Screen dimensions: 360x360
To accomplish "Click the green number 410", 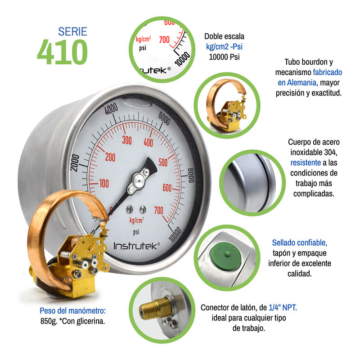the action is point(62,52).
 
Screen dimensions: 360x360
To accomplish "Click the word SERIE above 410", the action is point(72,31).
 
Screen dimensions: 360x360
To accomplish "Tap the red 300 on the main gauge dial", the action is point(127,140).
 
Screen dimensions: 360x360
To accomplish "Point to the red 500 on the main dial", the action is point(163,162).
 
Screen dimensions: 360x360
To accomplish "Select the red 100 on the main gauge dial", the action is point(104,184).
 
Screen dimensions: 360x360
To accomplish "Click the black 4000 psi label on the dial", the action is point(111,108).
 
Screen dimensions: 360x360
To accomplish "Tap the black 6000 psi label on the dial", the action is point(164,118).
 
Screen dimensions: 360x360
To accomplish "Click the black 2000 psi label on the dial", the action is point(75,163).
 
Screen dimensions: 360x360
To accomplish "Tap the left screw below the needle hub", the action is point(130,209).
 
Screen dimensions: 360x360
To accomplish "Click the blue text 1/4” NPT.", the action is point(283,307).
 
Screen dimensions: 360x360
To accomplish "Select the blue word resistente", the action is point(306,162).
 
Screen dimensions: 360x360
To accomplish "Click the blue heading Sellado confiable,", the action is point(300,243).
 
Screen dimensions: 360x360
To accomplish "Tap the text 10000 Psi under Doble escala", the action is point(224,57).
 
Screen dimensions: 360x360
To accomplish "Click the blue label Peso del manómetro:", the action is point(72,310).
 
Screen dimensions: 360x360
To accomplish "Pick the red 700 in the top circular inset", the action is point(164,40).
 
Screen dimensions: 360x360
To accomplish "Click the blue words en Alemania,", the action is point(298,83).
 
